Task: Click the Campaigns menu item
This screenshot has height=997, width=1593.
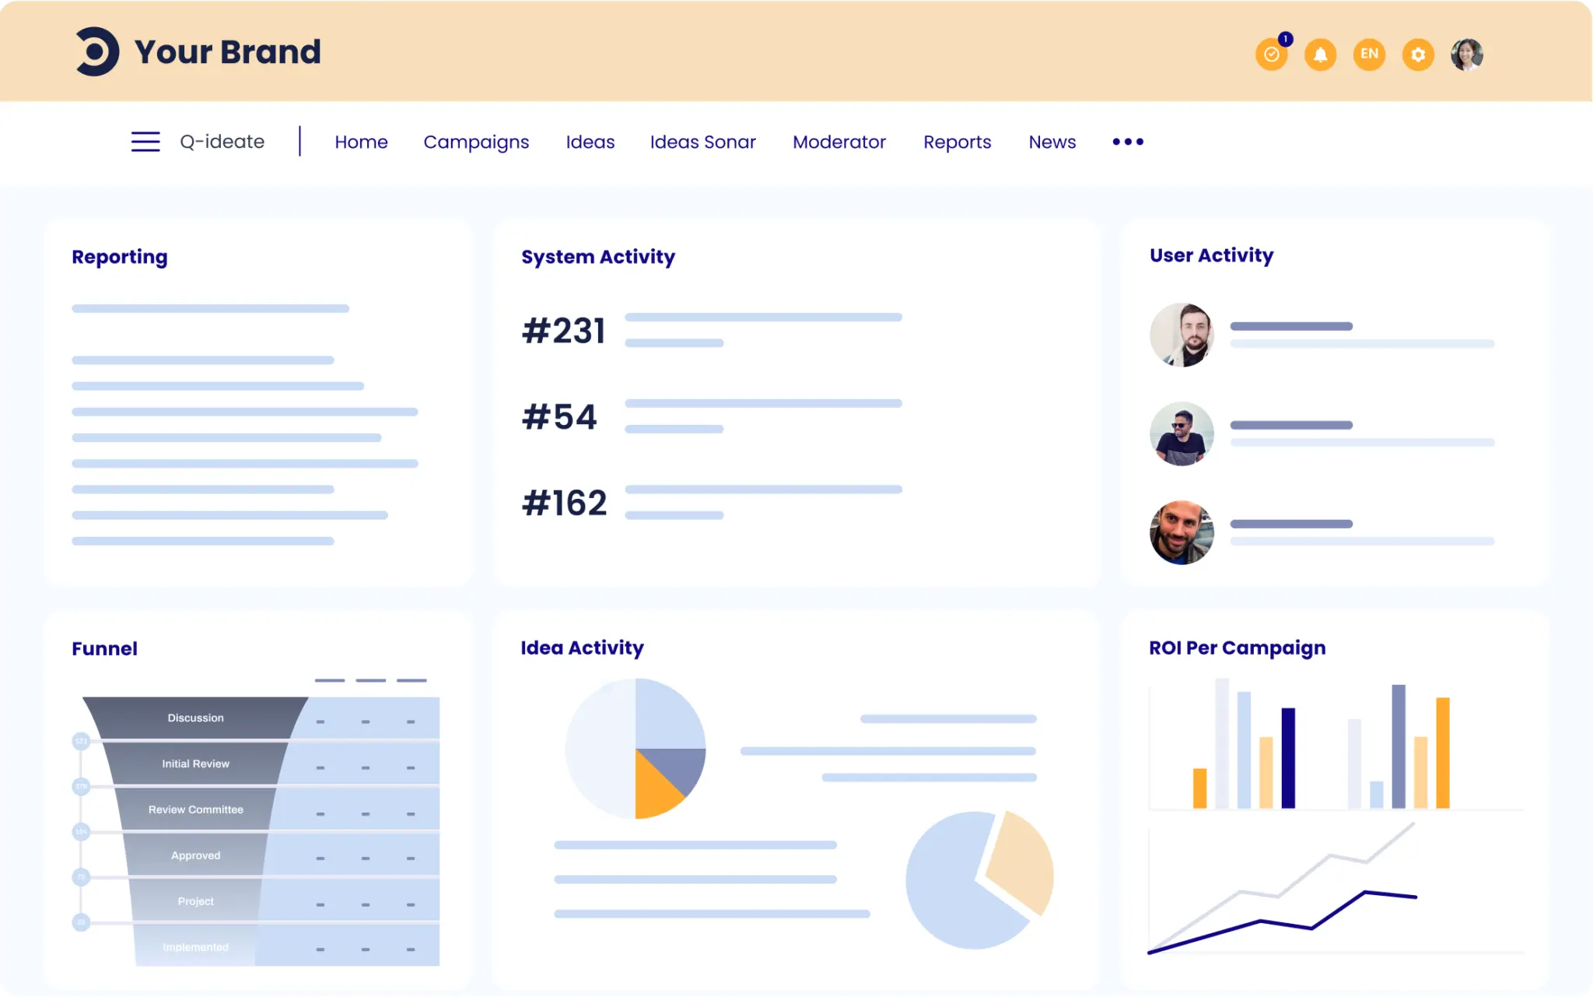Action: click(x=476, y=142)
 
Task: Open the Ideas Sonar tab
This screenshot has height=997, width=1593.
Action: click(x=702, y=142)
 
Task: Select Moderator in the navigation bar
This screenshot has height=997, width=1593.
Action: click(x=839, y=142)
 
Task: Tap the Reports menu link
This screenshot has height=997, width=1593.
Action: click(x=957, y=142)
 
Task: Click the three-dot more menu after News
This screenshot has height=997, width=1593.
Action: click(x=1127, y=142)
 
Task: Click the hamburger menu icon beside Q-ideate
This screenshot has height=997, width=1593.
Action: click(x=145, y=142)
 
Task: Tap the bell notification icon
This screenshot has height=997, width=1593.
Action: click(x=1320, y=54)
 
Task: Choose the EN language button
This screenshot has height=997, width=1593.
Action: click(x=1369, y=54)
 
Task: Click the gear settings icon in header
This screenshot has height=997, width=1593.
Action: click(x=1418, y=54)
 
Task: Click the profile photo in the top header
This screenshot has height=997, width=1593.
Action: click(x=1466, y=54)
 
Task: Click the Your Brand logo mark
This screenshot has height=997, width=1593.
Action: click(x=97, y=52)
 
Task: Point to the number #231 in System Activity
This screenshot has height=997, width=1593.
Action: click(x=563, y=331)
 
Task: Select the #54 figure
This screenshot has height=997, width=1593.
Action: click(x=559, y=417)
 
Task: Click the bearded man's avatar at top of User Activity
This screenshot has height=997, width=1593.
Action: click(x=1182, y=335)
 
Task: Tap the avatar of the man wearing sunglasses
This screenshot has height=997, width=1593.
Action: click(x=1182, y=434)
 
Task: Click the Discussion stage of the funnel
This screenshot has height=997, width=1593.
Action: click(x=195, y=718)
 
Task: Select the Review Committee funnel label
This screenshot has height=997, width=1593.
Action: click(x=195, y=809)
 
